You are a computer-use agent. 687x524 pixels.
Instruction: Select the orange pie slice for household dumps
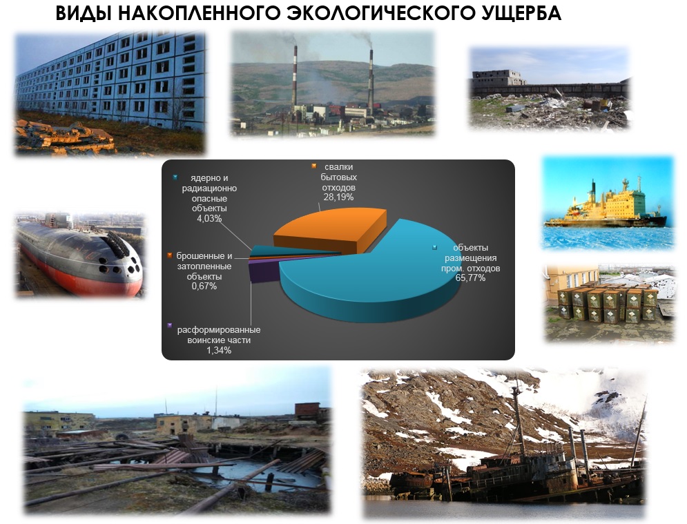click(329, 231)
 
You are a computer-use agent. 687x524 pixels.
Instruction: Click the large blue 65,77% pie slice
click(372, 280)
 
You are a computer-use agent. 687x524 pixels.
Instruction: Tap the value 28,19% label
click(338, 197)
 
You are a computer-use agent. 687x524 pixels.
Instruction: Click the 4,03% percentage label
click(209, 218)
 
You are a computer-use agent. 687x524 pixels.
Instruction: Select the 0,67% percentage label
click(204, 286)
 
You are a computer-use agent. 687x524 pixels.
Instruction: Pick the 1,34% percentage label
click(219, 350)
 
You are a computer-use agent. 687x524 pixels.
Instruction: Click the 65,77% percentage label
click(470, 278)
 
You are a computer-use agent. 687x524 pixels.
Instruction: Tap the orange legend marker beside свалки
click(313, 166)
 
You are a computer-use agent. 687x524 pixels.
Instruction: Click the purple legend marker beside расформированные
click(170, 326)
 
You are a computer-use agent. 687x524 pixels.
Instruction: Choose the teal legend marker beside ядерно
click(175, 177)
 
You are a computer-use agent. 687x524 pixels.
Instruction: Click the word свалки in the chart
click(339, 166)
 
